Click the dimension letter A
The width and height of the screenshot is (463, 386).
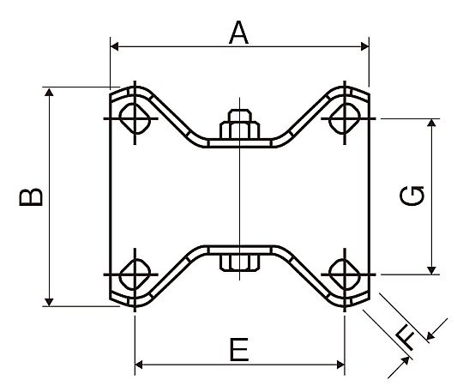(238, 33)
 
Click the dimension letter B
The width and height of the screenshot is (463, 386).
(31, 196)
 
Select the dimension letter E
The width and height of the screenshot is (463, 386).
(239, 350)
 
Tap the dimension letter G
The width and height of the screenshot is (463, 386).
(412, 196)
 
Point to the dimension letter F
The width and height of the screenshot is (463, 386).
(406, 340)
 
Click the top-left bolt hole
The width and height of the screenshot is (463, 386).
(135, 118)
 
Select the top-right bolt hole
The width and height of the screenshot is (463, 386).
(345, 118)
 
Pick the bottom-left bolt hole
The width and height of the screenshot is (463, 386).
(135, 274)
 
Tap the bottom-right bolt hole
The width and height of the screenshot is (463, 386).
(345, 274)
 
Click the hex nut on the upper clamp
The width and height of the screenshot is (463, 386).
(240, 124)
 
